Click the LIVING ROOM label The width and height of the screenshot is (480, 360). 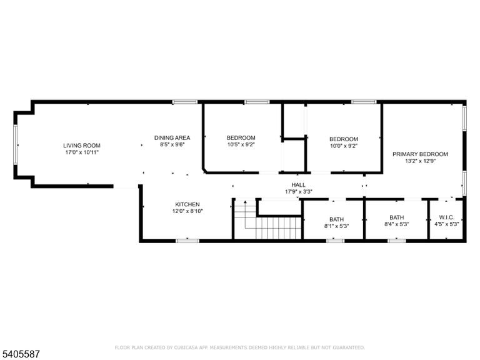point(82,146)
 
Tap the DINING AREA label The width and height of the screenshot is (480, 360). point(172,137)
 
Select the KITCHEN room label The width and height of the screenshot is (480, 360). point(187,204)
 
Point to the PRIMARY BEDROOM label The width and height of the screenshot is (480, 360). point(420,154)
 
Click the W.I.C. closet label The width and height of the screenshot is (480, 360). point(447,217)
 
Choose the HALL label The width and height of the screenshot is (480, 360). point(299,185)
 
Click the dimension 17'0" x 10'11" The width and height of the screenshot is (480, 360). point(82,152)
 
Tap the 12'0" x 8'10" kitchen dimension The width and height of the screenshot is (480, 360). point(187,211)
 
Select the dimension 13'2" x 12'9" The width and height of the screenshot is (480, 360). point(420,161)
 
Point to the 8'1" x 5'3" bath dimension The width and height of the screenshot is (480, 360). point(336,226)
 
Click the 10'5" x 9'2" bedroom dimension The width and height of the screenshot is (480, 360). point(241,144)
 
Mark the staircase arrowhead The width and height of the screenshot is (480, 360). point(245,202)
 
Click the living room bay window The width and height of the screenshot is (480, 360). point(15,145)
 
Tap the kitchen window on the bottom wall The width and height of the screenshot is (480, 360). point(187,241)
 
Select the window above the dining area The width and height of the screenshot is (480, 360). point(184,102)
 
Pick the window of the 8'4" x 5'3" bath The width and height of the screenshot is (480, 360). point(397,241)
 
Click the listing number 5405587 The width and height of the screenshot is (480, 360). point(20,354)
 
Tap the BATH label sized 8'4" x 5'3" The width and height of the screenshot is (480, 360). point(397,217)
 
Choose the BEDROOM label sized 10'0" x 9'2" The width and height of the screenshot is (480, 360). point(344,139)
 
